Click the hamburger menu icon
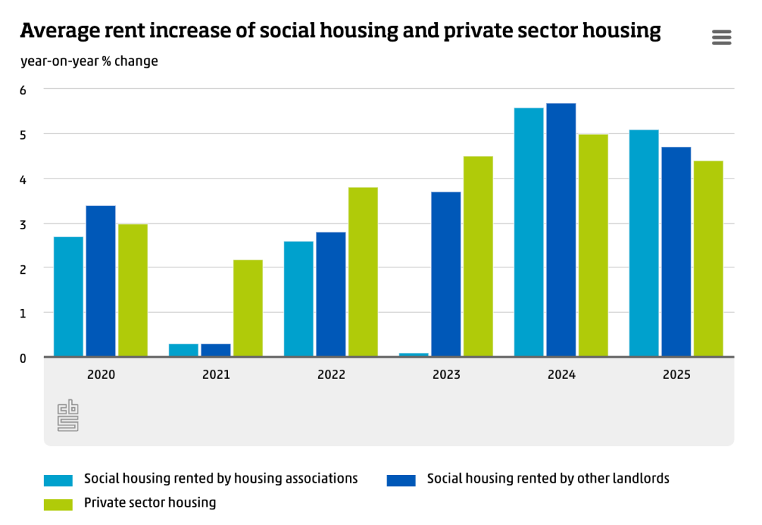click(x=721, y=37)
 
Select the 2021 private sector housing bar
click(x=248, y=308)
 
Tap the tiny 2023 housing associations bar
click(x=413, y=354)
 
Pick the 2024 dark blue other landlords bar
click(x=561, y=229)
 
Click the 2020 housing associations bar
click(x=68, y=296)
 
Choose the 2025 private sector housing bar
click(x=708, y=258)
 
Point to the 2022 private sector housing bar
click(x=363, y=272)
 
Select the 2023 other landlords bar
click(x=446, y=274)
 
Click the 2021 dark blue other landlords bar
click(x=216, y=350)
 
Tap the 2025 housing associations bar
click(x=643, y=243)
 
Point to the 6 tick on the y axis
click(x=23, y=90)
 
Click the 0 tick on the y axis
click(x=23, y=358)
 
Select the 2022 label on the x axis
click(x=331, y=375)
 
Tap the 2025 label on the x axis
click(x=676, y=375)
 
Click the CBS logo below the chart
click(x=68, y=416)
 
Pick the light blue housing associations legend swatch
click(x=58, y=480)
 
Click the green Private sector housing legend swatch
click(x=58, y=504)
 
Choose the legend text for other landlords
click(x=548, y=478)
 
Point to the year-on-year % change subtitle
click(x=89, y=61)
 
